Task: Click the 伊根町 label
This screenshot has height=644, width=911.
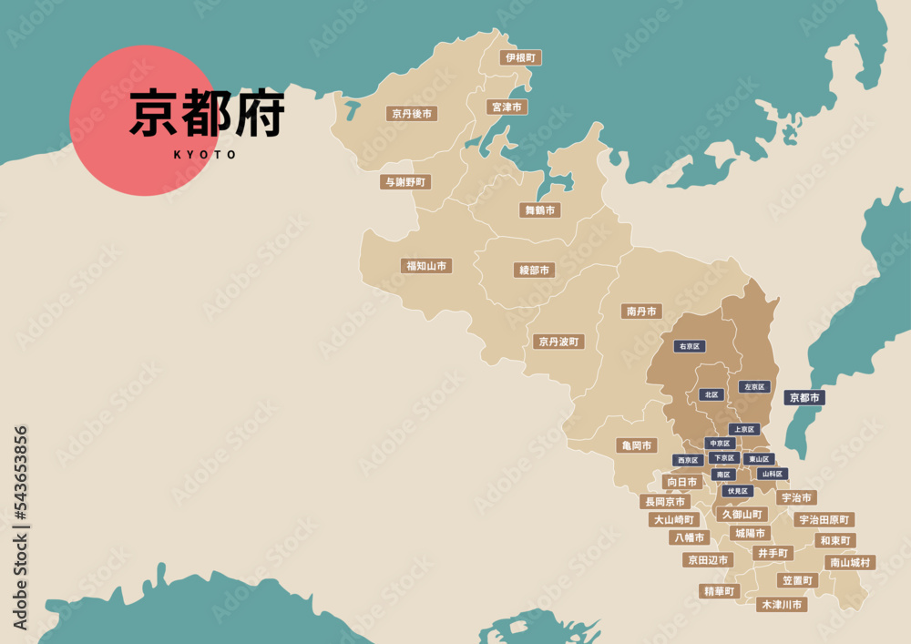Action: click(520, 57)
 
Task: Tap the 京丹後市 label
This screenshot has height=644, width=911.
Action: click(412, 114)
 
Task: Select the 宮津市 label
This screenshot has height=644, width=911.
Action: click(507, 107)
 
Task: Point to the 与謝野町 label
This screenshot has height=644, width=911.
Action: click(405, 182)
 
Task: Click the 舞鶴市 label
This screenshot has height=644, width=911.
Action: click(540, 210)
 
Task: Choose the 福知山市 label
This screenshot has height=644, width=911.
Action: click(426, 266)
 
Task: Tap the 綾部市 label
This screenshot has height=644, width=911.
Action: click(534, 271)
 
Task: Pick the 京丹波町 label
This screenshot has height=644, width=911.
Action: click(558, 342)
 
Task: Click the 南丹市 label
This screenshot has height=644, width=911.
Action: click(641, 312)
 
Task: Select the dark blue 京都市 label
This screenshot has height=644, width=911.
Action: click(804, 397)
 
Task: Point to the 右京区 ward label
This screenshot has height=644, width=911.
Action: click(690, 346)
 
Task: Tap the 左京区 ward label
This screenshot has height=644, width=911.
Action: click(754, 387)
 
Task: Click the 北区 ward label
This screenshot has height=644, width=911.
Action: click(711, 394)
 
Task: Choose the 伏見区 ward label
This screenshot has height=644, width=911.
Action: click(737, 491)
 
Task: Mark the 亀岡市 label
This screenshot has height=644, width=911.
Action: click(636, 445)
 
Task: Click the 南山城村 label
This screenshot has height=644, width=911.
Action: click(850, 563)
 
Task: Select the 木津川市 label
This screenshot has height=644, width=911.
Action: click(782, 604)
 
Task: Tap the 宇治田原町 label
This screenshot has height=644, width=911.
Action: click(824, 519)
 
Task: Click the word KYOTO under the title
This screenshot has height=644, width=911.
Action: click(205, 155)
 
